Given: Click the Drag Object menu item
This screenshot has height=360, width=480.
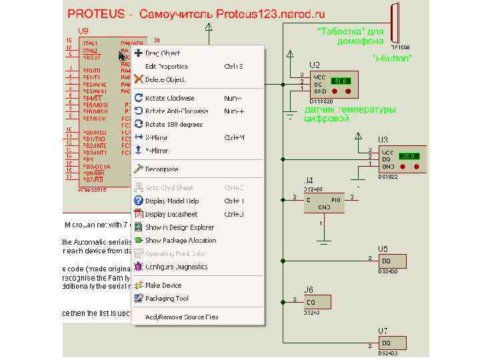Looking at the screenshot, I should (x=162, y=53).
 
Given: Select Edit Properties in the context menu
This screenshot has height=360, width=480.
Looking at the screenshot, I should (x=166, y=67).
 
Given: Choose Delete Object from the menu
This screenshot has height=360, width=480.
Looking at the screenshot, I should (x=165, y=80).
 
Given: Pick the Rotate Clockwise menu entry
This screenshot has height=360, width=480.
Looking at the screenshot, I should (x=169, y=98).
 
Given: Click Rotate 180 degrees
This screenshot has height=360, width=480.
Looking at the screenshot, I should (x=173, y=125).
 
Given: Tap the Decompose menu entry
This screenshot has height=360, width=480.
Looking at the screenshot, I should (x=161, y=169).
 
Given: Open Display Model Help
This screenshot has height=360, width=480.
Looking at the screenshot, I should (x=172, y=201).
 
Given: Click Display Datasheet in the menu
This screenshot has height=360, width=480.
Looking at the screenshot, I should (x=171, y=215).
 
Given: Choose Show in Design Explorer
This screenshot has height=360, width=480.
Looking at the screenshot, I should (x=179, y=227).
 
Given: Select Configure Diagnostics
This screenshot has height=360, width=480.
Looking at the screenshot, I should (x=176, y=267).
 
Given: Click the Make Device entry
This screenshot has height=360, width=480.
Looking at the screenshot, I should (x=163, y=285).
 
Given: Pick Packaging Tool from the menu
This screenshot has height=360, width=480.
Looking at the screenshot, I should (x=167, y=299).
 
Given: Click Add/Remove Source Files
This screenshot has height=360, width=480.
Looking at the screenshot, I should (x=181, y=317).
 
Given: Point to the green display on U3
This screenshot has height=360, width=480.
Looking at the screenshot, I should (x=409, y=156).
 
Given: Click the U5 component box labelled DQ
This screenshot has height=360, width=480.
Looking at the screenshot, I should (x=391, y=261).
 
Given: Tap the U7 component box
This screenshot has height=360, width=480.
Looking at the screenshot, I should (x=391, y=343).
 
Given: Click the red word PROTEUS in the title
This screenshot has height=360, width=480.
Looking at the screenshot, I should (x=96, y=14).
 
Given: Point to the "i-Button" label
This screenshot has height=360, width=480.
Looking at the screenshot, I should (x=391, y=59).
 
